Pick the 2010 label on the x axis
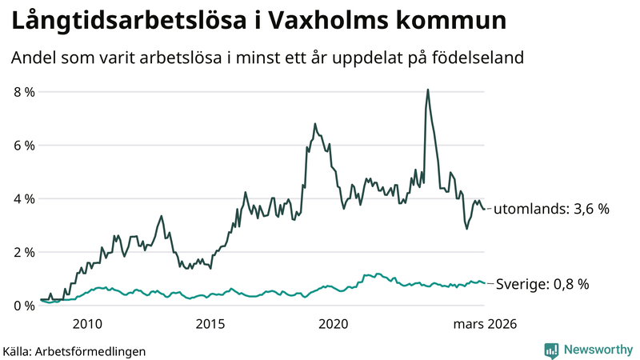tap(87, 324)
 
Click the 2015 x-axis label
tap(210, 324)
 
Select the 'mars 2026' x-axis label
tap(485, 324)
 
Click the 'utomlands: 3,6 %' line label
tap(551, 209)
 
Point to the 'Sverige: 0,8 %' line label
tap(542, 284)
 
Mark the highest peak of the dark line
tap(428, 90)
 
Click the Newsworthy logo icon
tap(550, 350)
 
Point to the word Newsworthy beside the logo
tap(596, 350)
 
